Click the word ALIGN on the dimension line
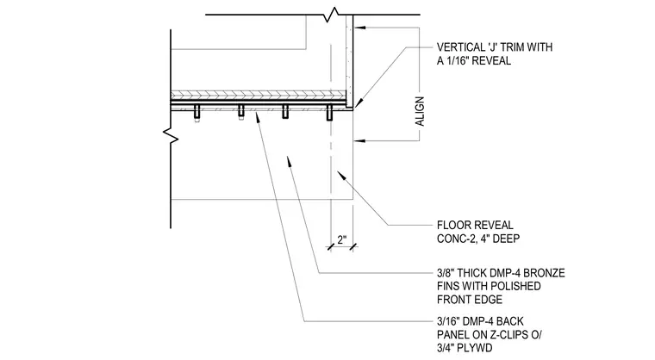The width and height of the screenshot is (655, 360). tap(420, 111)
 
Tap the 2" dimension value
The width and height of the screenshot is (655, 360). tap(342, 239)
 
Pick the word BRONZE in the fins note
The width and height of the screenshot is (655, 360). tap(545, 273)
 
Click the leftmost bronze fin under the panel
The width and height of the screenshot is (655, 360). tap(196, 112)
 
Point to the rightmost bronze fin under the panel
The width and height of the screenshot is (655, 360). tap(329, 112)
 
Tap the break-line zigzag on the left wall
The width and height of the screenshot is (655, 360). tap(171, 135)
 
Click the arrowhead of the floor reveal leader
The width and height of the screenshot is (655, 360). tap(341, 175)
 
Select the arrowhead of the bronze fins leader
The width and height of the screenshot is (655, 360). tap(288, 160)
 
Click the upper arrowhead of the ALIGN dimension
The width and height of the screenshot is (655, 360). tap(359, 28)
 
